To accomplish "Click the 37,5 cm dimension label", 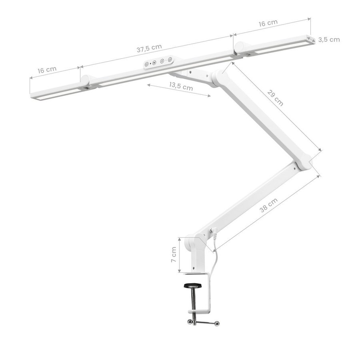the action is (149, 48).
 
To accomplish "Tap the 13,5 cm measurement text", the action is (181, 86).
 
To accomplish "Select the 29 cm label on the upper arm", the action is (275, 98).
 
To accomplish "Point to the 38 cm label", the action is (269, 205).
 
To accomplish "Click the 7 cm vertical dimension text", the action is (174, 254).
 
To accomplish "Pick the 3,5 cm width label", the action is (329, 40).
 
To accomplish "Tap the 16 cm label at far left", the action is (47, 70).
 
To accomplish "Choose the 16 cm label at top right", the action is (268, 23).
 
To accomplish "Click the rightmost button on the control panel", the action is (170, 60).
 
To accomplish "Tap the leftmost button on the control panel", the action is (146, 64).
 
